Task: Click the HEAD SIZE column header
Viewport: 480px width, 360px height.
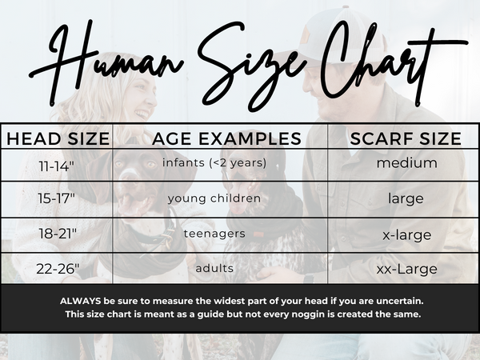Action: coord(58,138)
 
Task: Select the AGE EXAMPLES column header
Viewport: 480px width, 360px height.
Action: coord(226,138)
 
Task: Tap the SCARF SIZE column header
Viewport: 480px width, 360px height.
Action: coord(406,138)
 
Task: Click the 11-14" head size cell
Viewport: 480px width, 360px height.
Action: coord(57,166)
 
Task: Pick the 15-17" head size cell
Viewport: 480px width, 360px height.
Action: coord(56,198)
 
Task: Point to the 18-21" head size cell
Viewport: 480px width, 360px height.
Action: coord(58,234)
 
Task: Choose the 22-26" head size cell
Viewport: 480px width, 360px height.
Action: coord(58,269)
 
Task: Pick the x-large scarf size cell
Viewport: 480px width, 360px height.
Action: coord(407,235)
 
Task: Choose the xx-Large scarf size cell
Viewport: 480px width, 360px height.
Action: coord(407,270)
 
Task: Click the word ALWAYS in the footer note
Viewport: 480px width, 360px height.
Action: coord(81,302)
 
